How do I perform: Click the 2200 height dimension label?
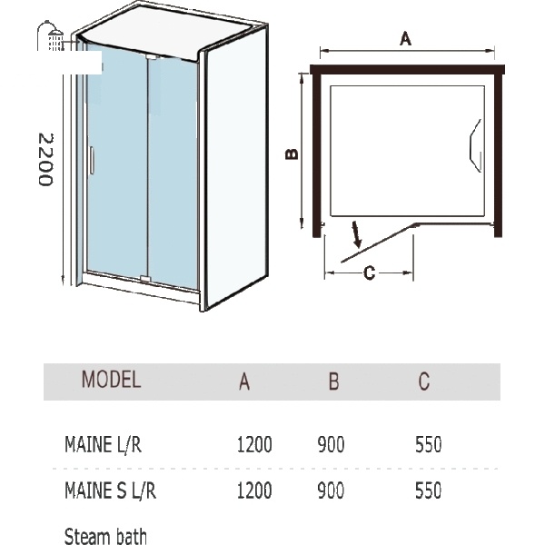click(45, 160)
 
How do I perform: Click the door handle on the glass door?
click(92, 160)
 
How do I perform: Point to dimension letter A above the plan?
click(406, 38)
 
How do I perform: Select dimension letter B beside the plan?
click(292, 154)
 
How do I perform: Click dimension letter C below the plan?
click(369, 272)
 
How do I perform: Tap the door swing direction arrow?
click(357, 234)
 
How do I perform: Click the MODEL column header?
click(111, 379)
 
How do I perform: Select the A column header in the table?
click(244, 381)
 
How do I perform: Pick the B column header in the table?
click(333, 381)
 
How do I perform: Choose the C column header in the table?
click(424, 381)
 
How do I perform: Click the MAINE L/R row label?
click(104, 444)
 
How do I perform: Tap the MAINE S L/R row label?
click(111, 490)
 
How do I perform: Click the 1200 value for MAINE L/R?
click(254, 444)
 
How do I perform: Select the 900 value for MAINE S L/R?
click(331, 490)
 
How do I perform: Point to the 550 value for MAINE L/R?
click(429, 444)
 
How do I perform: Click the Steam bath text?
click(105, 536)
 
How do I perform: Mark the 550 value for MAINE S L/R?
click(429, 490)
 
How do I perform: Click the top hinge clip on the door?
click(153, 56)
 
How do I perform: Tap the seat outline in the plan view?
click(476, 145)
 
